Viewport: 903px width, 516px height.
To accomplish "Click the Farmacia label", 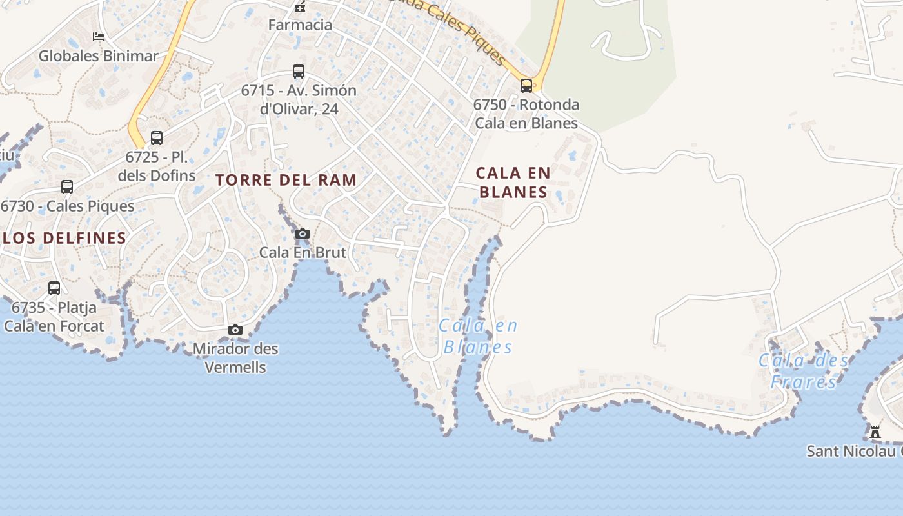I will click(x=301, y=25).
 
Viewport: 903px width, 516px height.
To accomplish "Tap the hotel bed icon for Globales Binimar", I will click(x=99, y=37).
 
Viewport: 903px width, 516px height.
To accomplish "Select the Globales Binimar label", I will click(x=98, y=56).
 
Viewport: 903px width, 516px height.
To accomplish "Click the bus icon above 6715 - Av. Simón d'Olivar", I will click(x=299, y=72).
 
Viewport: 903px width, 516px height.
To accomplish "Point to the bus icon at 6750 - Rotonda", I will click(x=526, y=85).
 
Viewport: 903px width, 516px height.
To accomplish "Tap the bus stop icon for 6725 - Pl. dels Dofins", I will click(x=157, y=138).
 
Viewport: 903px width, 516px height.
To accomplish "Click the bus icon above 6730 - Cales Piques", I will click(x=67, y=187).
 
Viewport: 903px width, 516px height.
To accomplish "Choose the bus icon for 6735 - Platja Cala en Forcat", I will click(x=54, y=288).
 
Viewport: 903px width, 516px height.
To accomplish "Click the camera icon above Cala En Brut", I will click(x=303, y=233).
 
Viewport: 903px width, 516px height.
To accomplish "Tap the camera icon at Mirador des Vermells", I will click(x=235, y=330).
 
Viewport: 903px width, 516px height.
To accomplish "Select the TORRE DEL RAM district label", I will click(x=286, y=180).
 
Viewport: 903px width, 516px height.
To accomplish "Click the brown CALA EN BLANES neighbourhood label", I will click(x=513, y=183).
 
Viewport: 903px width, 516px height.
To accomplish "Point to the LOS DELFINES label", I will click(x=64, y=238).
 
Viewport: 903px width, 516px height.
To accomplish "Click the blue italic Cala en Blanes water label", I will click(x=478, y=337).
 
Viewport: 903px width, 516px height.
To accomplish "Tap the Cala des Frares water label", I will click(x=804, y=371).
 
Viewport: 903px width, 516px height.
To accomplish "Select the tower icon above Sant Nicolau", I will click(x=875, y=432).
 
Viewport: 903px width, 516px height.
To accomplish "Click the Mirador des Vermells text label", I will click(x=235, y=358).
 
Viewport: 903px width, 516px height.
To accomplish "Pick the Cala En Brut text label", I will click(x=303, y=253).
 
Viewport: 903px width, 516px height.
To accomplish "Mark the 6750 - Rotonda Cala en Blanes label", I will click(x=526, y=114).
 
